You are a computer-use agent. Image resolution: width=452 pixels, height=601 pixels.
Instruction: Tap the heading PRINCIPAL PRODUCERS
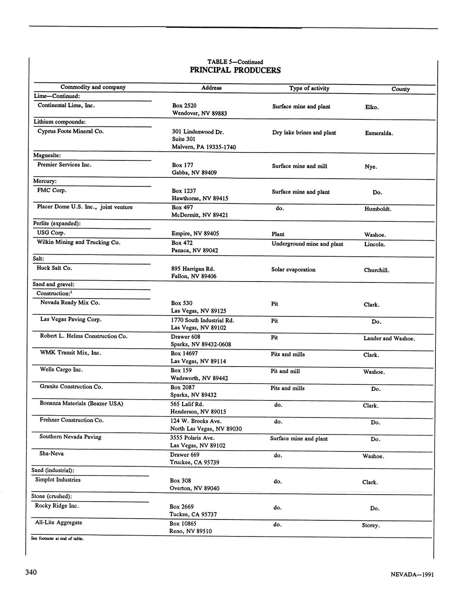[235, 70]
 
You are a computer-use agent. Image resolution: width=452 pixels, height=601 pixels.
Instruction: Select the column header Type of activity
[309, 88]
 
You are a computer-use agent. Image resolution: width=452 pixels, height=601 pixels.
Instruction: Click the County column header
[400, 89]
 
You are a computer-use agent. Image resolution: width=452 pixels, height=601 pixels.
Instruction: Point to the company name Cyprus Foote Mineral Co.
[71, 131]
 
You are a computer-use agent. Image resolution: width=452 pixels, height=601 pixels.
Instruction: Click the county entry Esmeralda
[379, 133]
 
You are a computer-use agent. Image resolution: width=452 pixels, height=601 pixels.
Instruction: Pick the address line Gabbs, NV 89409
[194, 173]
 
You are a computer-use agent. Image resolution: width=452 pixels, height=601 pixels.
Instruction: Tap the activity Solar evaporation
[293, 270]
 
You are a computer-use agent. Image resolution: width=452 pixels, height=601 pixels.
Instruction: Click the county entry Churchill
[376, 270]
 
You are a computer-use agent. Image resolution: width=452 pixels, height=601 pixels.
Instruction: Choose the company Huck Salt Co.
[54, 268]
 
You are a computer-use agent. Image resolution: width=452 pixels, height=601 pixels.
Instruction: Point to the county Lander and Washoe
[389, 339]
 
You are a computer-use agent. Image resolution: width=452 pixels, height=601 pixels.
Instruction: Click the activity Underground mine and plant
[307, 244]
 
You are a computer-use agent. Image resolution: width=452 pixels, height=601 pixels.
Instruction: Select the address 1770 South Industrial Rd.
[205, 320]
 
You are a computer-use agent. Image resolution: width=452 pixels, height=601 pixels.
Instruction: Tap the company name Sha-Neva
[51, 454]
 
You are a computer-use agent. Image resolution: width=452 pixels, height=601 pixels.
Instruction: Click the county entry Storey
[371, 526]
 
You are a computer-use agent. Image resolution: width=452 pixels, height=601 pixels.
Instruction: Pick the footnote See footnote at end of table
[57, 539]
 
